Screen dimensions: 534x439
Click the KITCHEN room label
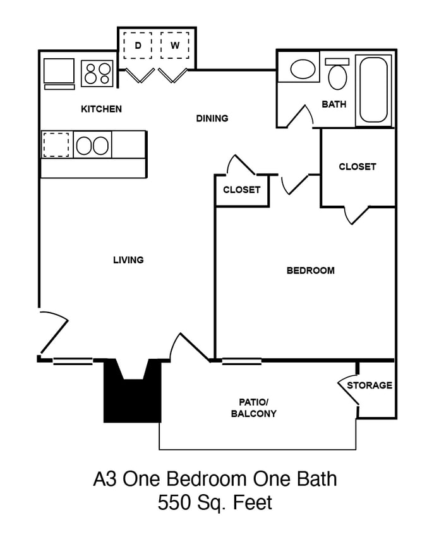101,109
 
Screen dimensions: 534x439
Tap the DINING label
212,118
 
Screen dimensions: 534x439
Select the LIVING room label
128,259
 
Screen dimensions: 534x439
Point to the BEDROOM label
311,271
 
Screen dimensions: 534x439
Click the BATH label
334,104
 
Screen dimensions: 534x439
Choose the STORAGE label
370,385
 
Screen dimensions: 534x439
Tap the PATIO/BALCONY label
254,408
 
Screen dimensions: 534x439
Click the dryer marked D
138,46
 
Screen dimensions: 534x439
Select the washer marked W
175,46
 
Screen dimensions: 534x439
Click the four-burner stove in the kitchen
98,73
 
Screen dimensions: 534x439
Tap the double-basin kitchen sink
92,145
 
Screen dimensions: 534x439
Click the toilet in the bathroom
338,75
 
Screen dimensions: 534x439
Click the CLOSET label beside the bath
357,167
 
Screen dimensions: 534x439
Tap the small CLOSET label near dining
242,190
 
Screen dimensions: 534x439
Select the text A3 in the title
105,479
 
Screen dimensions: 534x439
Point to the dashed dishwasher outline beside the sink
56,145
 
